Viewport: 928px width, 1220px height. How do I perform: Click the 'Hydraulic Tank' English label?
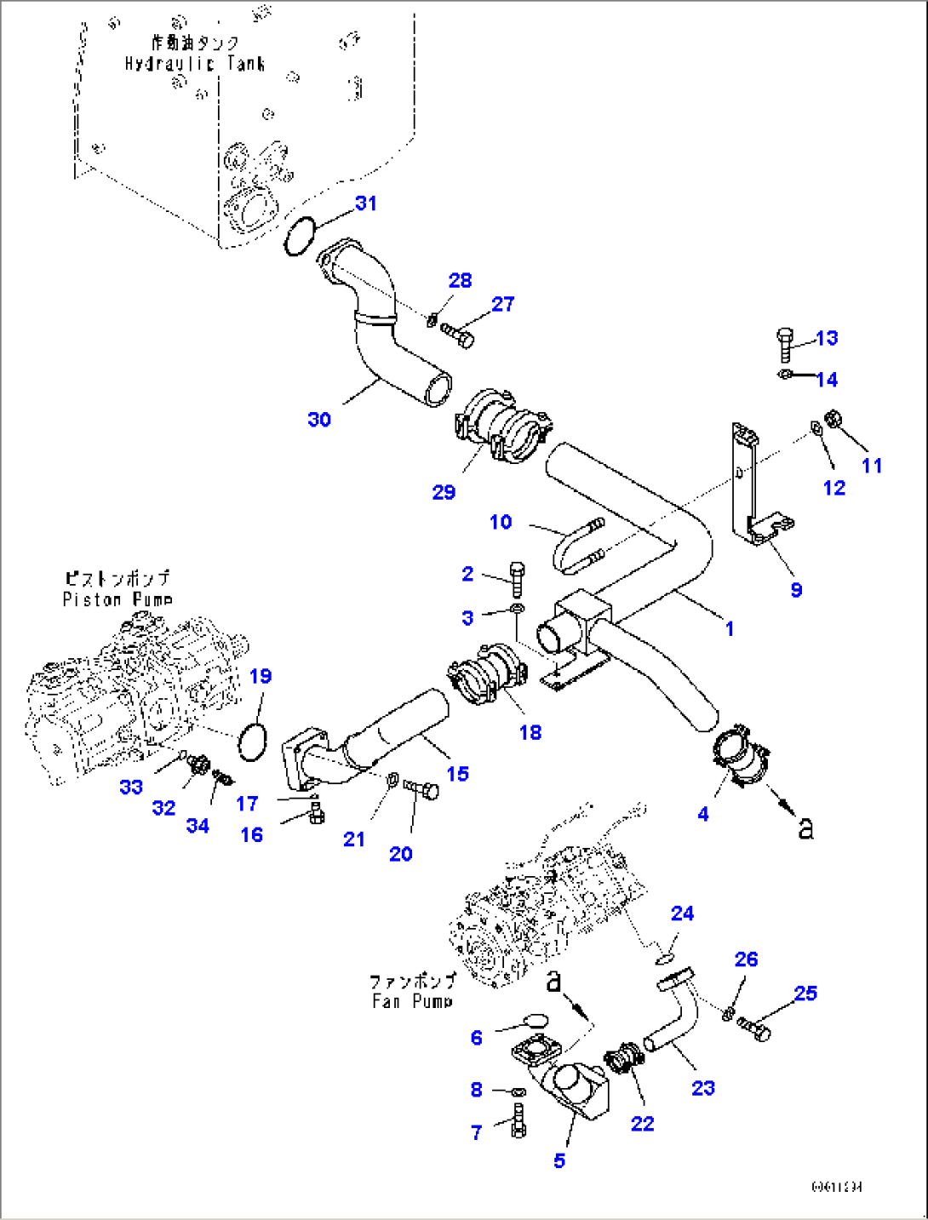(194, 64)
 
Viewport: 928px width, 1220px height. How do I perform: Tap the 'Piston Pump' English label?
(117, 599)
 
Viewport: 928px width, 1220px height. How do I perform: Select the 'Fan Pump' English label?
(412, 1001)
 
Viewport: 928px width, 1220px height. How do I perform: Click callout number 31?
(365, 203)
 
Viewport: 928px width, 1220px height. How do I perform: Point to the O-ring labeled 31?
(299, 235)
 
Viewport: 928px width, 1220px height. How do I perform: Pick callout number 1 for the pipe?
(729, 628)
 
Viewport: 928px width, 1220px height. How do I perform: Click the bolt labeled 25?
(754, 1029)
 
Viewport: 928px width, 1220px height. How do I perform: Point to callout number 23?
(702, 1087)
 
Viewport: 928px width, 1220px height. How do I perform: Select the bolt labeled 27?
(457, 335)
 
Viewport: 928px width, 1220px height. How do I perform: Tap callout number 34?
(198, 825)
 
